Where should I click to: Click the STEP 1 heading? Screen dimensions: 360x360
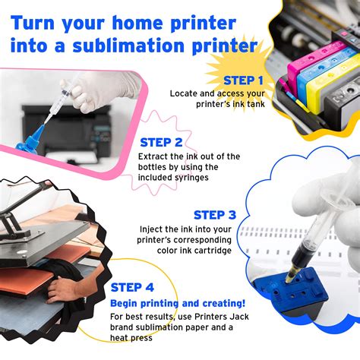(243, 80)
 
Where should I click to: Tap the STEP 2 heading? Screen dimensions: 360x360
(161, 141)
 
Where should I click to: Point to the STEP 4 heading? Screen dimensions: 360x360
(137, 287)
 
